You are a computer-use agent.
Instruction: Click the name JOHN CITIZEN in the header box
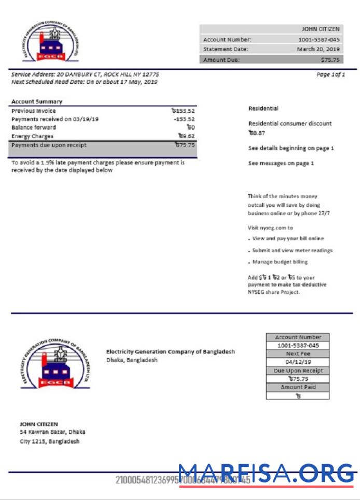(x=320, y=30)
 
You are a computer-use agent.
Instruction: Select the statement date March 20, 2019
(x=318, y=49)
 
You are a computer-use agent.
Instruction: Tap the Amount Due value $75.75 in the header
(x=330, y=60)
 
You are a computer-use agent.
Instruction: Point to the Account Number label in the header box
(x=227, y=39)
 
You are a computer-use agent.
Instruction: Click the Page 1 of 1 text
(x=330, y=75)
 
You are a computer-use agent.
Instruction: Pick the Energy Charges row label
(x=32, y=136)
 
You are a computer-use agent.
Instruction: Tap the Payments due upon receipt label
(x=49, y=145)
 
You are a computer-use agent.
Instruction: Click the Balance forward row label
(x=34, y=128)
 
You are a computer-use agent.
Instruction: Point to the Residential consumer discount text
(x=290, y=123)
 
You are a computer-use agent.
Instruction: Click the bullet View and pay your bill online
(x=288, y=239)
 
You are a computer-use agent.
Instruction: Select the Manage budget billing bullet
(x=280, y=262)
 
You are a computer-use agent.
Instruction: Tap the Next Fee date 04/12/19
(x=297, y=362)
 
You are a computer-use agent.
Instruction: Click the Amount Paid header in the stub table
(x=297, y=387)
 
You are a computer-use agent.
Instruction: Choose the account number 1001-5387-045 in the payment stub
(x=297, y=345)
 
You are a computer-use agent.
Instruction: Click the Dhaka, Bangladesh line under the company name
(x=132, y=360)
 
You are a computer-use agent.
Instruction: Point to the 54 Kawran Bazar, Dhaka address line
(x=52, y=432)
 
